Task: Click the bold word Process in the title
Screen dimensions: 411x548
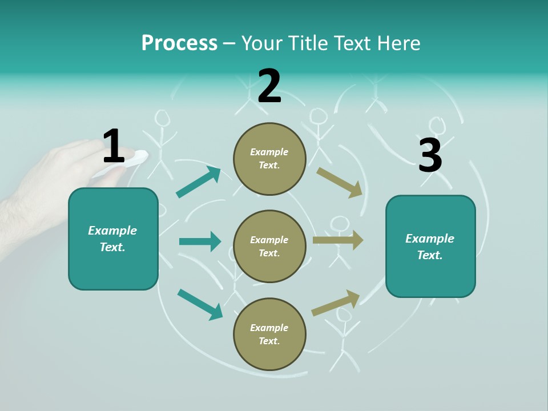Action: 179,43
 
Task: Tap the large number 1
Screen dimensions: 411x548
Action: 114,147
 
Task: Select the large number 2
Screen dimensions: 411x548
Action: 269,86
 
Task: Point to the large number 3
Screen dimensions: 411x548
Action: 430,155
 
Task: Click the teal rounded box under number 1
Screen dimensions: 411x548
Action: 113,239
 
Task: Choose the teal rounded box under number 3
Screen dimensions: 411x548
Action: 430,247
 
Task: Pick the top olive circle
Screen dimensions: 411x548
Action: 269,159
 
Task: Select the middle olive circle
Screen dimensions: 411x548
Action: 269,246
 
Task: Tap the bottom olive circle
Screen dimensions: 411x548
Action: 269,334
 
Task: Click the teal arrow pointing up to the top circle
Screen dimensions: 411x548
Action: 198,182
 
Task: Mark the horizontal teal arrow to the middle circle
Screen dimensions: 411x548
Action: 200,241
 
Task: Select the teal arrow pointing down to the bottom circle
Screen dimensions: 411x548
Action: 200,304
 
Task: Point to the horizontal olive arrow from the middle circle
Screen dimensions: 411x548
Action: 338,240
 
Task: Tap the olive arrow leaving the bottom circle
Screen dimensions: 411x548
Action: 336,303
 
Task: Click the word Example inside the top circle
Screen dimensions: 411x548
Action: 269,152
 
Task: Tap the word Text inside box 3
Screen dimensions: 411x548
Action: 430,255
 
